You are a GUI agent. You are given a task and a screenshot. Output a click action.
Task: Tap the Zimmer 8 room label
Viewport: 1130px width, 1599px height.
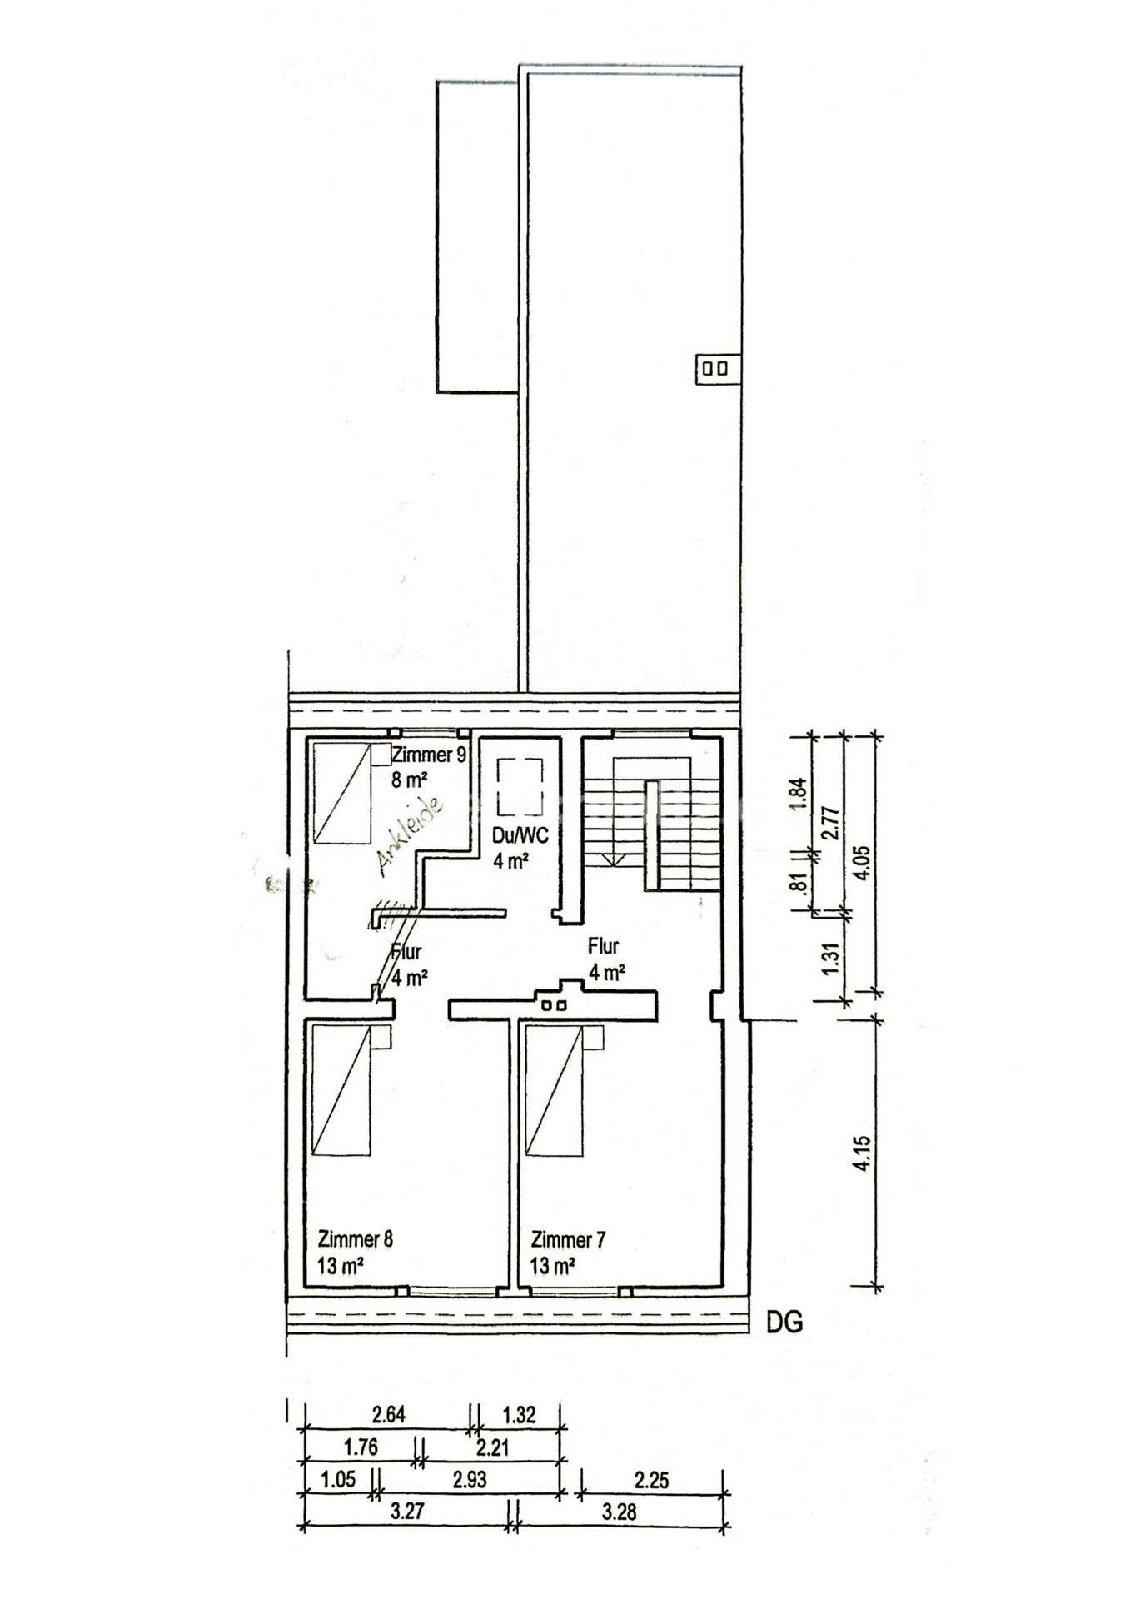[x=356, y=1239]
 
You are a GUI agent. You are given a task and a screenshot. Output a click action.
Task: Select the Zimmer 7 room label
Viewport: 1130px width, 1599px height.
[x=569, y=1239]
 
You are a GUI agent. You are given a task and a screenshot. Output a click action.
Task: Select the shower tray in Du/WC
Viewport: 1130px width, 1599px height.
[x=520, y=787]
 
